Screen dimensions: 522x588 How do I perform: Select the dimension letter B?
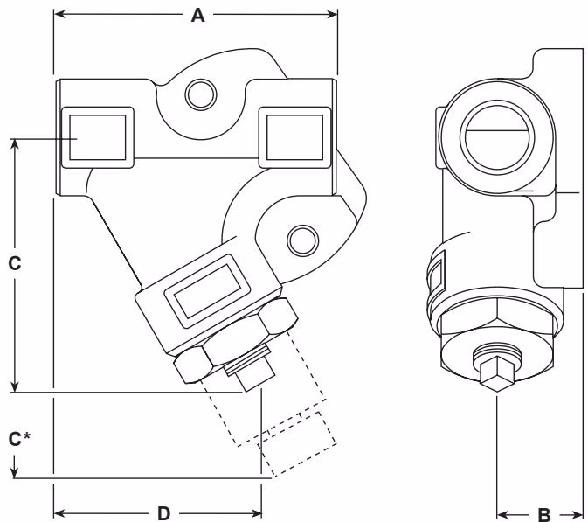click(543, 514)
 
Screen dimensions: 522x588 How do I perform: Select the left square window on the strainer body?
click(100, 136)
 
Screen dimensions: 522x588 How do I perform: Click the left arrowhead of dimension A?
click(59, 15)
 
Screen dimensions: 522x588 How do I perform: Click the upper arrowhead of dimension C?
click(16, 143)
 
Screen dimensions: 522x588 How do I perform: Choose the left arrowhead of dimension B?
click(503, 514)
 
